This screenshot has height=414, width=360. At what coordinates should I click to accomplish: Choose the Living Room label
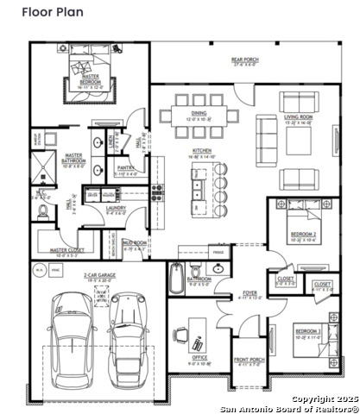pos(298,118)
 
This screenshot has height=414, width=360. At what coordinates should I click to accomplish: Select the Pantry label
pos(125,172)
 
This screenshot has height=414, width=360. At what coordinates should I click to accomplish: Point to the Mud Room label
pos(132,244)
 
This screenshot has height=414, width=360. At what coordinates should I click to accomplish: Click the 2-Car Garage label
pos(100,278)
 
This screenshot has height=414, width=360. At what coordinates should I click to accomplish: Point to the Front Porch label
pos(248,362)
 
